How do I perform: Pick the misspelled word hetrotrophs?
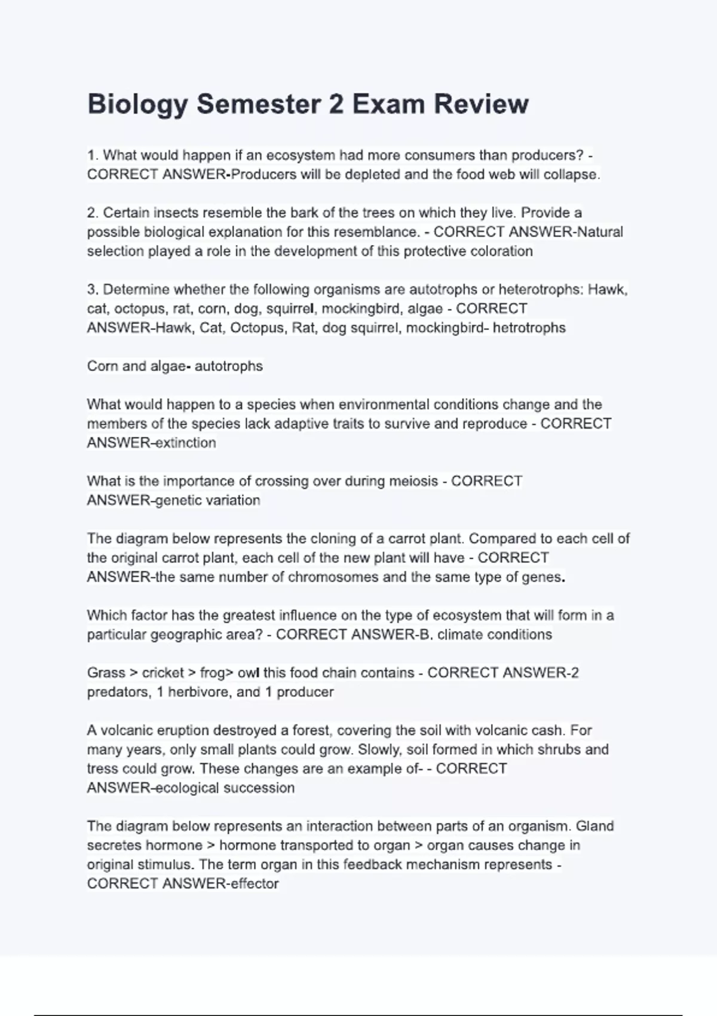(529, 328)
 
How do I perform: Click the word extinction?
(186, 443)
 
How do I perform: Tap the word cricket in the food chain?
(163, 672)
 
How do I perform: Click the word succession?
(258, 788)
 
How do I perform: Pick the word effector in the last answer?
(255, 883)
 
